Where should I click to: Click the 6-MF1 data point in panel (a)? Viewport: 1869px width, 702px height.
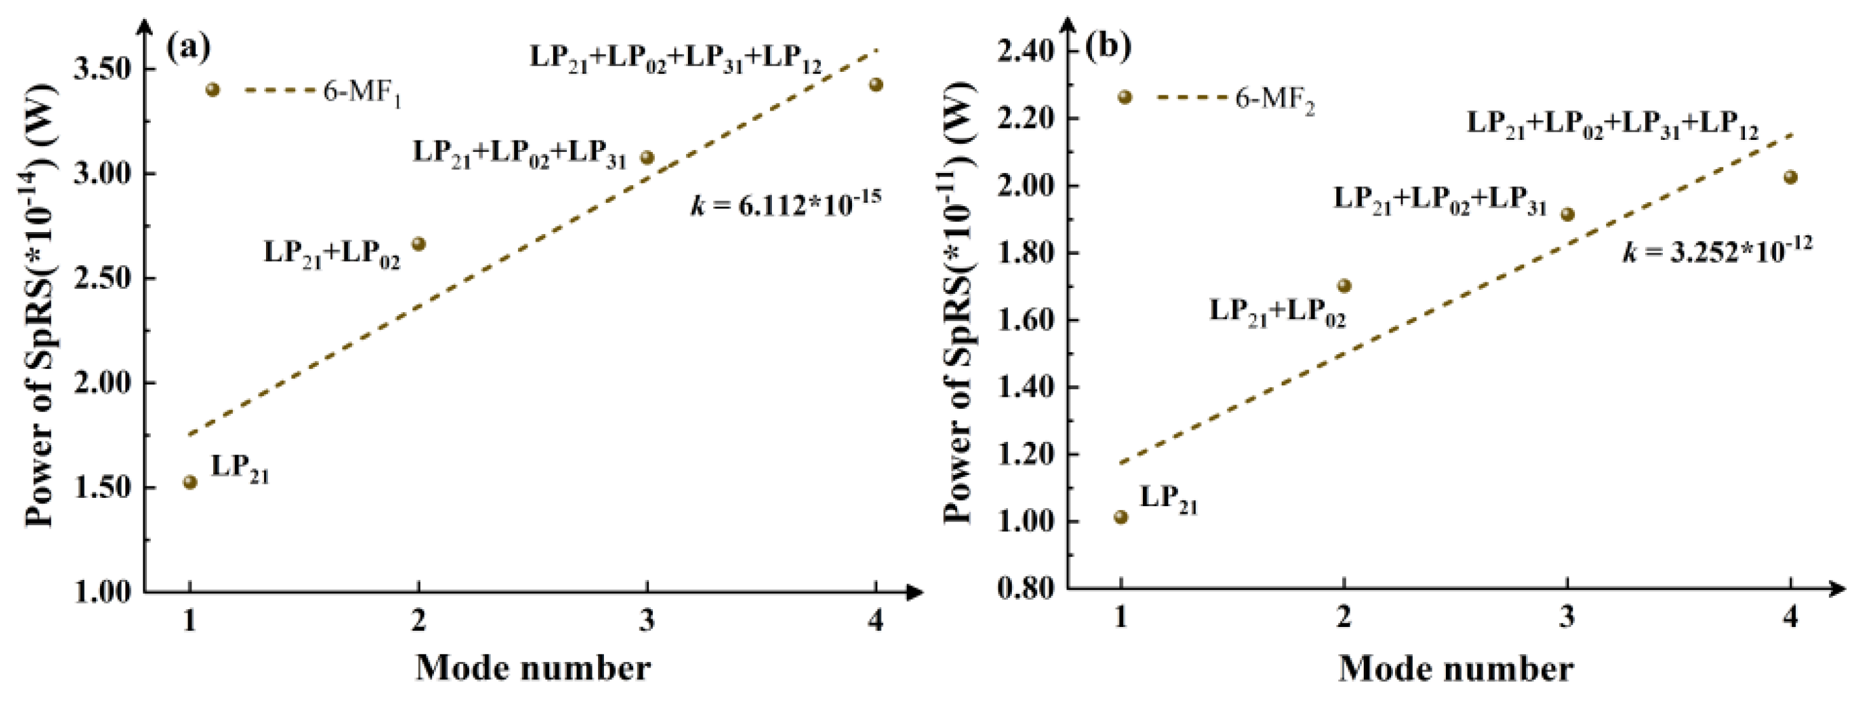pyautogui.click(x=213, y=90)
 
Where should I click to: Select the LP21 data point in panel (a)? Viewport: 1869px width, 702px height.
pyautogui.click(x=190, y=482)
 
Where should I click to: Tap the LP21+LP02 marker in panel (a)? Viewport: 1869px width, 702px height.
pyautogui.click(x=419, y=244)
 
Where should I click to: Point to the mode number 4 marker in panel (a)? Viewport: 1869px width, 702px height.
pyautogui.click(x=876, y=85)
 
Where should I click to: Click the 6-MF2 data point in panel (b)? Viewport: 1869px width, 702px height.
pyautogui.click(x=1124, y=97)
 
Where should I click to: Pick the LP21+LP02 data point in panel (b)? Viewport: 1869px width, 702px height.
pyautogui.click(x=1345, y=286)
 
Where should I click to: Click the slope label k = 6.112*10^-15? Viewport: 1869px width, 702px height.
pyautogui.click(x=785, y=205)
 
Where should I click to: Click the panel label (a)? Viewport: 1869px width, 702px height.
pyautogui.click(x=188, y=48)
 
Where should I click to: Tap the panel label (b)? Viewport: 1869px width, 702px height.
pyautogui.click(x=1108, y=46)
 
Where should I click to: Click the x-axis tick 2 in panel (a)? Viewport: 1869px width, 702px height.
pyautogui.click(x=418, y=621)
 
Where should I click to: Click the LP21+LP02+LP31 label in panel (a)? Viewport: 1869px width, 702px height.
pyautogui.click(x=519, y=155)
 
